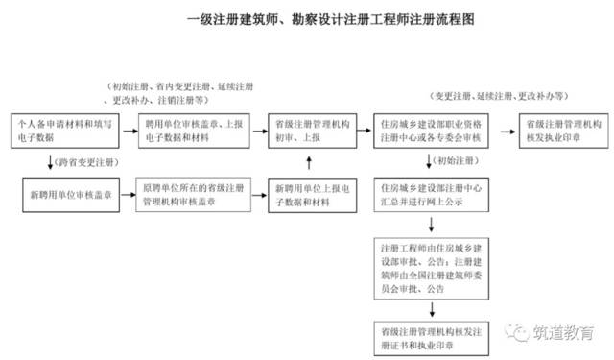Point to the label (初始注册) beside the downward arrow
[x=454, y=160]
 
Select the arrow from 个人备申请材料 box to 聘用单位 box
[x=120, y=132]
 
